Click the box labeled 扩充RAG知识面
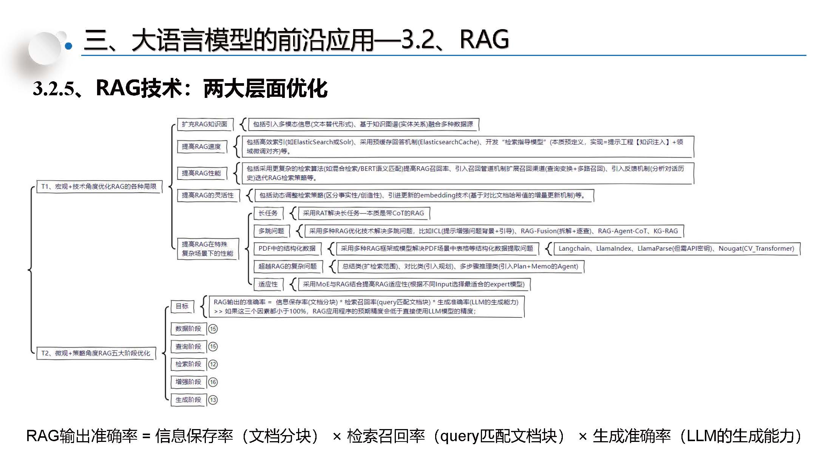204,124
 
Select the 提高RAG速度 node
201,147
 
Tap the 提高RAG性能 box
201,173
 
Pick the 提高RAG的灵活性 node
208,195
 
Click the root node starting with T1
99,187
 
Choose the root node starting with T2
96,353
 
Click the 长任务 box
268,213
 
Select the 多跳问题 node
271,231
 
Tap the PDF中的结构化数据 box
287,249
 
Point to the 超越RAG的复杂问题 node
287,267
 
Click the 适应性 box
268,284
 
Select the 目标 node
182,307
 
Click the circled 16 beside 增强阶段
213,382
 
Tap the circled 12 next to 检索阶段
213,364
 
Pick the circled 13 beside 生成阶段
213,400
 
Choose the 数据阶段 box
188,329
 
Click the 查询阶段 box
188,347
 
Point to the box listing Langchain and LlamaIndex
676,249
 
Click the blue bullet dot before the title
69,46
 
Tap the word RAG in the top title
484,39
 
